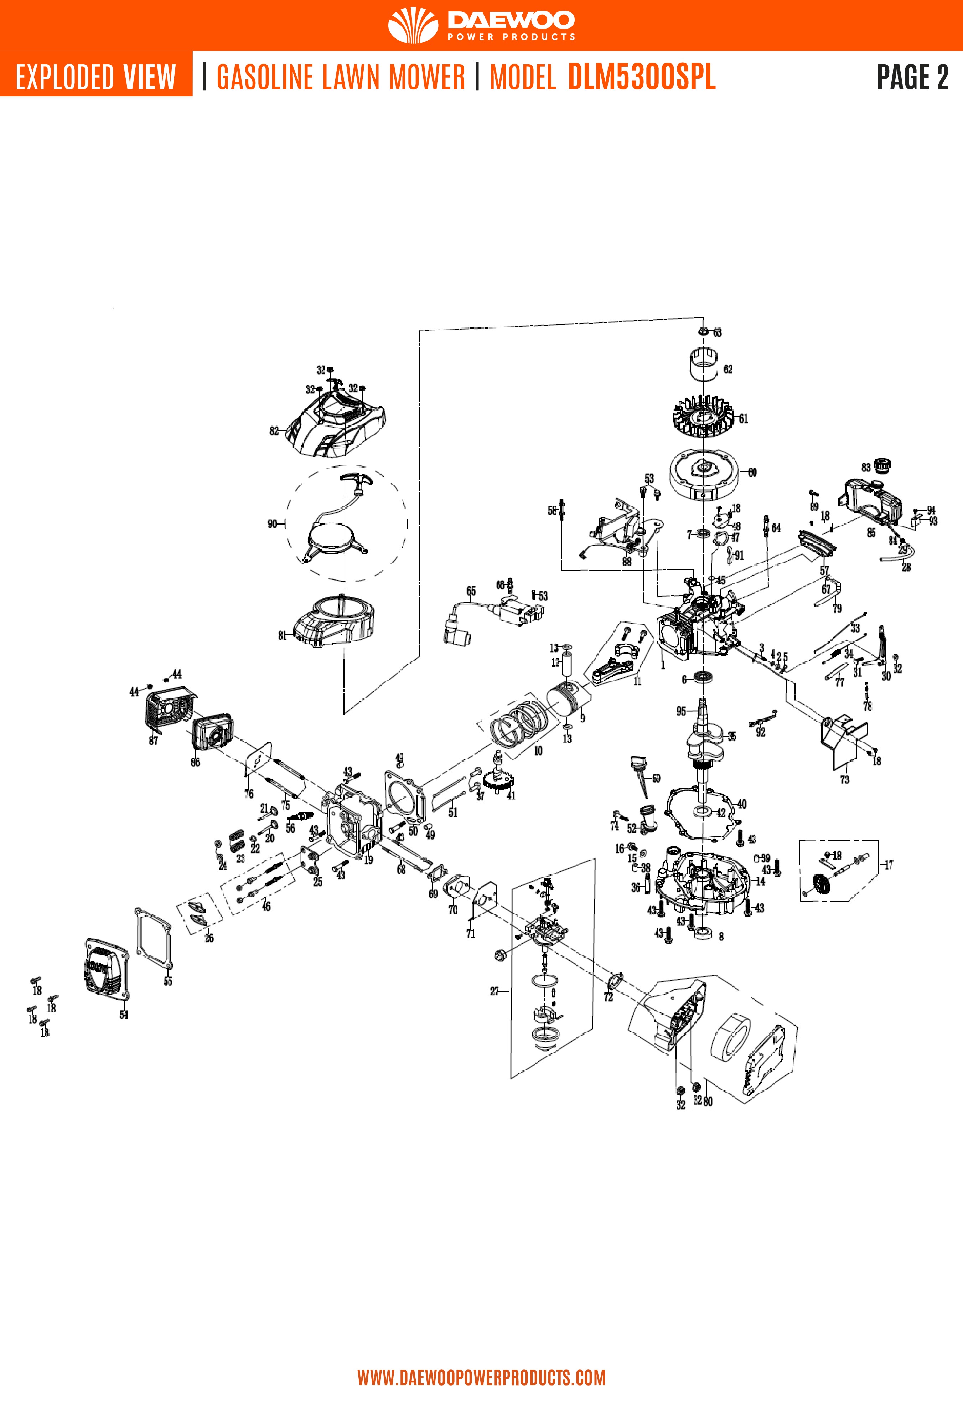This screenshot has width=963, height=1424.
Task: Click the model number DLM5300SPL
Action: (x=641, y=77)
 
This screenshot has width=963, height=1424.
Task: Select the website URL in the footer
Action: (x=482, y=1377)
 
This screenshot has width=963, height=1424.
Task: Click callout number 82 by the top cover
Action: (x=274, y=431)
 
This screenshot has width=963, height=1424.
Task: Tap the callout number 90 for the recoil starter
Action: (x=272, y=524)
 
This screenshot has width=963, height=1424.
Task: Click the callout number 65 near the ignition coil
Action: (x=471, y=591)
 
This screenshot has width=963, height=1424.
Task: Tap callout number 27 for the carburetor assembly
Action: (x=495, y=991)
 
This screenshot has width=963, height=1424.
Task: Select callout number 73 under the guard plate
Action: (x=844, y=779)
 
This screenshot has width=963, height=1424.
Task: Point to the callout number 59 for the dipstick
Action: (x=656, y=779)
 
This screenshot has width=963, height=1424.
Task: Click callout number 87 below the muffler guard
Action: (x=153, y=741)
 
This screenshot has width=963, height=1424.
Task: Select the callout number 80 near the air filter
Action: (x=708, y=1101)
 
